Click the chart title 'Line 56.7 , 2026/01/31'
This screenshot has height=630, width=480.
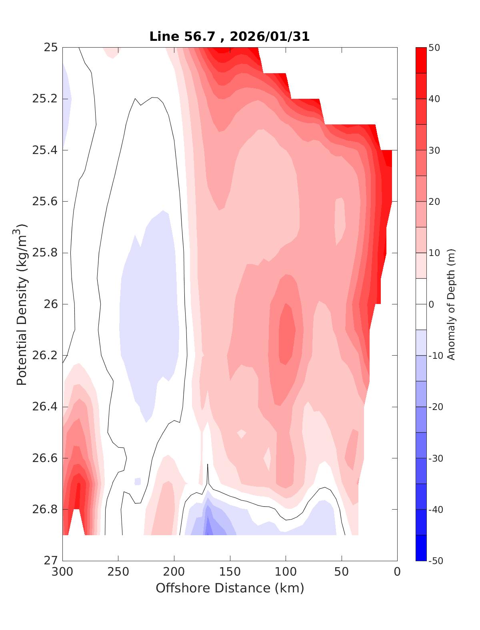(x=229, y=37)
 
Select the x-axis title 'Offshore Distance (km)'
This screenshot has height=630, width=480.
(x=230, y=588)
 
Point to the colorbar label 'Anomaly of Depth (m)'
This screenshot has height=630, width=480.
(x=451, y=304)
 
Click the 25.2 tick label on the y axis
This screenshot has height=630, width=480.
(x=44, y=99)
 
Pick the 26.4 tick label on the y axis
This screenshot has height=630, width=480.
(x=44, y=407)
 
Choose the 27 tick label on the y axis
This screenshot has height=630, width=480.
(x=50, y=561)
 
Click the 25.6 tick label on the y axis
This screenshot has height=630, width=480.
(x=44, y=202)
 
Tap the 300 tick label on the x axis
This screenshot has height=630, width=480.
(x=63, y=572)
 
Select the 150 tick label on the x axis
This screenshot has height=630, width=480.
(x=230, y=572)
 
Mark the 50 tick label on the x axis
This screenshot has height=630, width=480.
(x=342, y=572)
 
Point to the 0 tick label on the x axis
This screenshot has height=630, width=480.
(x=397, y=572)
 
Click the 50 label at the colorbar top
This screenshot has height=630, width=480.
(x=434, y=48)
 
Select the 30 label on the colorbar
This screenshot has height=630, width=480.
(x=434, y=150)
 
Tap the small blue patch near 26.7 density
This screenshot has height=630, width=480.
(x=138, y=481)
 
